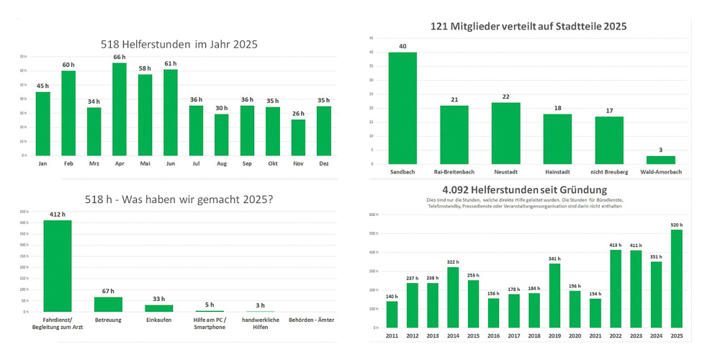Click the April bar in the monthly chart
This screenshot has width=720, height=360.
click(120, 109)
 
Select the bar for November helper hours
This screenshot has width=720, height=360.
click(298, 138)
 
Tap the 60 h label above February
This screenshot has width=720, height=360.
click(68, 65)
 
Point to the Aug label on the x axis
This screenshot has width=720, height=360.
click(222, 164)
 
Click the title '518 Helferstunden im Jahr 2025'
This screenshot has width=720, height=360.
click(179, 44)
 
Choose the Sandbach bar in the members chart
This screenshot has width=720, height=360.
click(402, 108)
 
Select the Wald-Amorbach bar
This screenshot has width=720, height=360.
click(660, 160)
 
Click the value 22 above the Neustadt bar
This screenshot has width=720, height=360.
click(505, 96)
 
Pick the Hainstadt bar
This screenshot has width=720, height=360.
click(557, 139)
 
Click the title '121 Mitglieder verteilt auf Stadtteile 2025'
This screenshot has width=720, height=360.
click(528, 26)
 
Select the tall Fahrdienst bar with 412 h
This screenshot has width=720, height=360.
click(58, 266)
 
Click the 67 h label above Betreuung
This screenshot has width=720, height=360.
click(109, 291)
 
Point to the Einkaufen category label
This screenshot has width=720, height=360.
click(159, 320)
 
